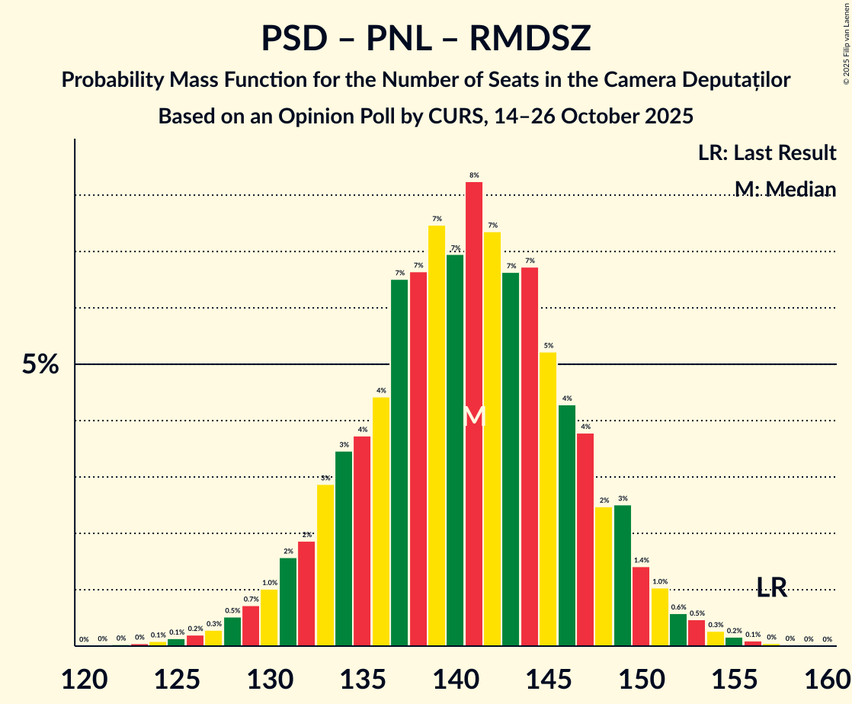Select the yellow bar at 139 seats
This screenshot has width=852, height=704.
click(437, 434)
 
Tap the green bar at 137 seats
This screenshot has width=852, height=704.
click(399, 462)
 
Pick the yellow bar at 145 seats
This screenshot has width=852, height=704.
click(548, 498)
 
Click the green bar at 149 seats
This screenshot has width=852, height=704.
click(623, 575)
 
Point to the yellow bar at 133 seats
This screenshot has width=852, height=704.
click(325, 565)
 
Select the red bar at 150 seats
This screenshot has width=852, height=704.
click(641, 606)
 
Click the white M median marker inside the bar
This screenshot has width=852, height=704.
click(474, 416)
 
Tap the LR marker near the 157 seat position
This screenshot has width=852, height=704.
click(772, 587)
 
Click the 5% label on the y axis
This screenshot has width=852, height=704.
click(40, 365)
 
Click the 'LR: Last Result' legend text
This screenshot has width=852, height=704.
click(767, 153)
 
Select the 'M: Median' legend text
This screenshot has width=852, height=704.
click(785, 189)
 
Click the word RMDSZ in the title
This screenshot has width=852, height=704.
click(530, 39)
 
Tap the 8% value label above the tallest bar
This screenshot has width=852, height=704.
click(474, 175)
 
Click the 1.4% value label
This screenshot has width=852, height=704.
click(641, 560)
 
